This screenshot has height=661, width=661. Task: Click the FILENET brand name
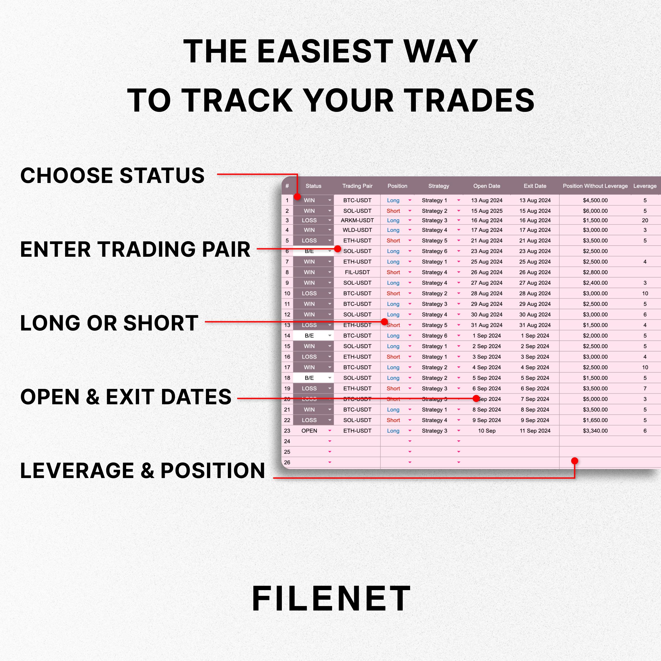tap(331, 598)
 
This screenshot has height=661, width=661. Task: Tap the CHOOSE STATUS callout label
tap(112, 175)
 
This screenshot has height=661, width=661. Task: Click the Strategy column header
tap(438, 186)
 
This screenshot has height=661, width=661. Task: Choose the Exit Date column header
tap(535, 186)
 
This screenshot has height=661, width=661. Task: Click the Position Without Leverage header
tap(595, 186)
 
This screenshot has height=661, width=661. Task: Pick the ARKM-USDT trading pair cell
tap(357, 220)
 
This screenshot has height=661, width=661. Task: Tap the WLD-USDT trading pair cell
tap(357, 230)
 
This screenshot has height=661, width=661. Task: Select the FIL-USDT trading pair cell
tap(357, 272)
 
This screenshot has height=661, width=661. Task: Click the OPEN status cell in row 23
tap(309, 431)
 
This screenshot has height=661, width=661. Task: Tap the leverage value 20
tap(645, 220)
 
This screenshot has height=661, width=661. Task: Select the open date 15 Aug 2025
tap(486, 211)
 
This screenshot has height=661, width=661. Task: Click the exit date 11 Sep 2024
tap(535, 431)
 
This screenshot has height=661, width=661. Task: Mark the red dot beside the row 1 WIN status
tap(297, 197)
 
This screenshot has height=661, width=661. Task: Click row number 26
tap(287, 462)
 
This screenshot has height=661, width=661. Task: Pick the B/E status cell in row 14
tap(309, 336)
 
